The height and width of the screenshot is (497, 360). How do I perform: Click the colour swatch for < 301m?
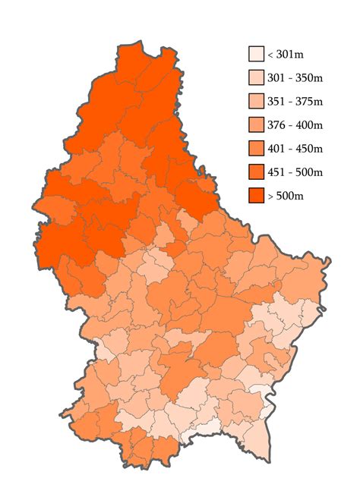point(256,54)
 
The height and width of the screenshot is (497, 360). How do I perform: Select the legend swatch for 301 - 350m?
point(256,77)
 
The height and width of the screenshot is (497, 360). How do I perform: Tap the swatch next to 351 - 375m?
point(256,101)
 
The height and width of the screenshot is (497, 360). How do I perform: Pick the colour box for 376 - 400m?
point(256,124)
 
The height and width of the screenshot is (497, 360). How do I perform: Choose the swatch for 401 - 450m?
point(256,148)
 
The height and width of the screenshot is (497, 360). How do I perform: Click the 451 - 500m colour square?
point(256,171)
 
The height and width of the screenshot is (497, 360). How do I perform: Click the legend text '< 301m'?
point(288,55)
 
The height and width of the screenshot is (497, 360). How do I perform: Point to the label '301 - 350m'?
point(295,78)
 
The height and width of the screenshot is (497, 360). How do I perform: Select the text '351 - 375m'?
point(295,102)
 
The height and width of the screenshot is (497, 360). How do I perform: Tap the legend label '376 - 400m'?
point(295,125)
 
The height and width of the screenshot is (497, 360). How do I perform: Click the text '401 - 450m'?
point(295,149)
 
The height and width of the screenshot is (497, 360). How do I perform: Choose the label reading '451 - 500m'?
point(295,172)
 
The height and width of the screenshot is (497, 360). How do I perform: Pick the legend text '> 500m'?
point(288,196)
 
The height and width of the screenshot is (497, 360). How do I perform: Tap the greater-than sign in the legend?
point(270,197)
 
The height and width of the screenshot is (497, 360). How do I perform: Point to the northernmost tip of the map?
point(139,45)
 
